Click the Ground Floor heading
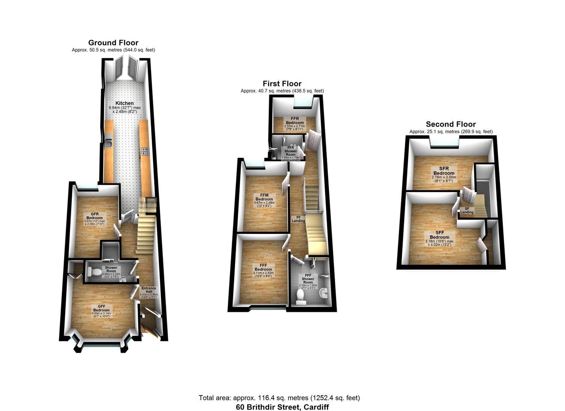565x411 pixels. [x=113, y=43]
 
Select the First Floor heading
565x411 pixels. [x=282, y=84]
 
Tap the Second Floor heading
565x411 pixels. [x=451, y=124]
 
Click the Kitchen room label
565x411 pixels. [x=125, y=103]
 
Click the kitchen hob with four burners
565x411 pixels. [x=145, y=151]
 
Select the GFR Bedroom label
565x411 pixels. [x=94, y=216]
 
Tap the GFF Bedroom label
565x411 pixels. [x=101, y=308]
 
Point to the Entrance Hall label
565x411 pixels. [x=149, y=290]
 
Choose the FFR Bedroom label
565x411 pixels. [x=295, y=121]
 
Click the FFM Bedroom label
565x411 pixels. [x=264, y=197]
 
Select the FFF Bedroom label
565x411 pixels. [x=263, y=268]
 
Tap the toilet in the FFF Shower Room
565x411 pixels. [x=301, y=297]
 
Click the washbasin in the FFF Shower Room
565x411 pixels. [x=323, y=293]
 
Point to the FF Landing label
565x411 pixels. [x=298, y=218]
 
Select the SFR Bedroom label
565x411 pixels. [x=444, y=171]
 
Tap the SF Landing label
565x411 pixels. [x=467, y=210]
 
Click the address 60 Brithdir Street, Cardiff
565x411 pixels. [x=282, y=407]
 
